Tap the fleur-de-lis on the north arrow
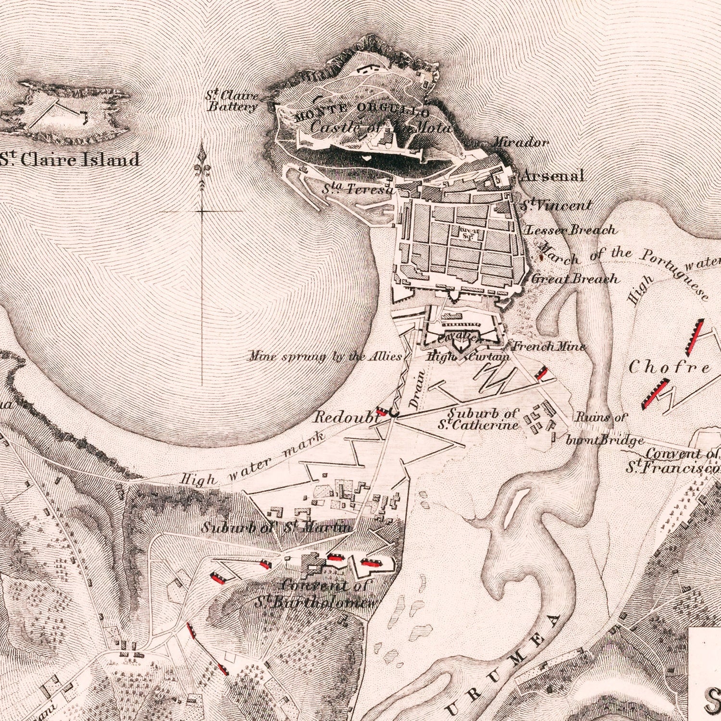(201, 168)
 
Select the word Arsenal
(553, 175)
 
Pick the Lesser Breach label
(572, 230)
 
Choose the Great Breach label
(575, 278)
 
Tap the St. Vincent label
(557, 206)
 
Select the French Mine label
(549, 346)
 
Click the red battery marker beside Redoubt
(382, 411)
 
